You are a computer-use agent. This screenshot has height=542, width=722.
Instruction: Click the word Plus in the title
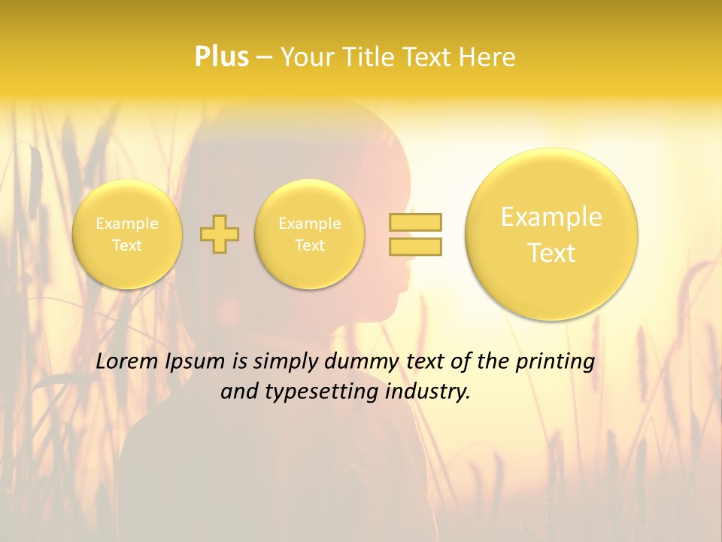[x=221, y=56]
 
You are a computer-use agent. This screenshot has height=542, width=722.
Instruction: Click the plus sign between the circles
[x=220, y=234]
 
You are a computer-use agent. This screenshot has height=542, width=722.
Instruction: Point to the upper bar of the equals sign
[x=415, y=222]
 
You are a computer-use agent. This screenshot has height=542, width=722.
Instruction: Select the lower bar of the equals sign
[x=415, y=246]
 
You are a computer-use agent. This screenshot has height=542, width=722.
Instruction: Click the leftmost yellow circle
[x=127, y=234]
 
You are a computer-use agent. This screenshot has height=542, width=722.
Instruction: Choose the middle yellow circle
[x=310, y=234]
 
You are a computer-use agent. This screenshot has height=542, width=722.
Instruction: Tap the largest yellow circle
[x=551, y=234]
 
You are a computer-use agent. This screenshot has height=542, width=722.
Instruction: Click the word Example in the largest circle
[x=551, y=217]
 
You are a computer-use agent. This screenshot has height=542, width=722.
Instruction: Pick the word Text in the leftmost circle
[x=127, y=245]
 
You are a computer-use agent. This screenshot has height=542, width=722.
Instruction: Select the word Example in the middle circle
[x=310, y=224]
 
